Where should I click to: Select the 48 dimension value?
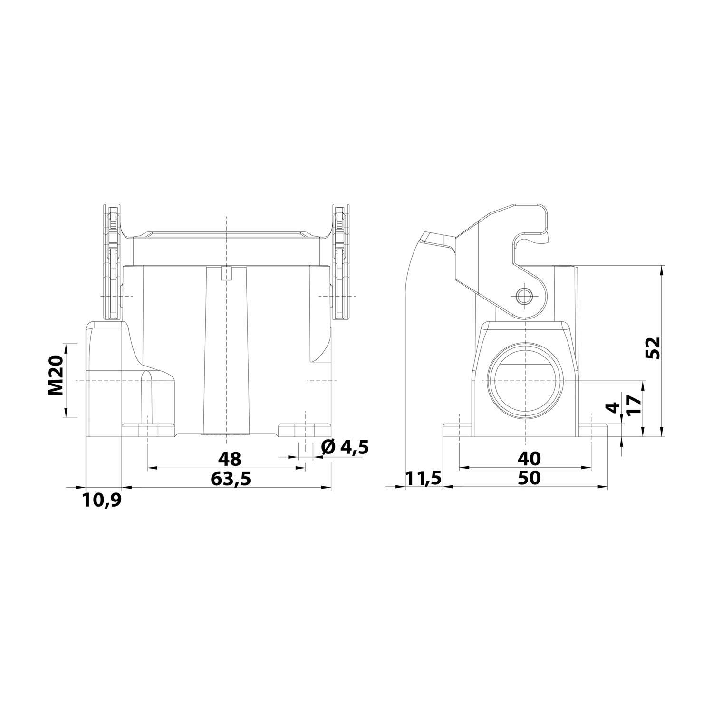230,459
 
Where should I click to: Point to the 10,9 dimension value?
102,500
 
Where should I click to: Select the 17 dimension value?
635,406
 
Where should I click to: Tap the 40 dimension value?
529,459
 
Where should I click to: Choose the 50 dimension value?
529,478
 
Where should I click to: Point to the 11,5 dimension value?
424,478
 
